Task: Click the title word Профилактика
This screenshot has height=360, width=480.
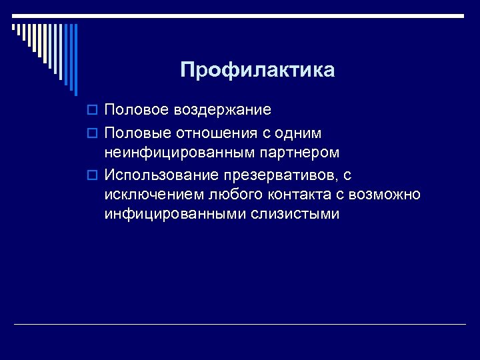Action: (x=257, y=70)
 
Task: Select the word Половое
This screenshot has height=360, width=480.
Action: (x=137, y=109)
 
